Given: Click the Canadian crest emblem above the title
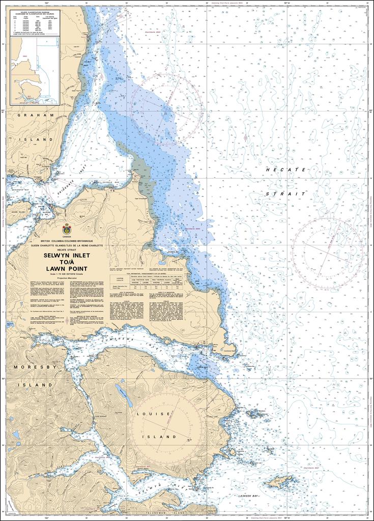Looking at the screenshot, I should (x=66, y=229).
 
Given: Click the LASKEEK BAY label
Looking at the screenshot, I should (x=248, y=495).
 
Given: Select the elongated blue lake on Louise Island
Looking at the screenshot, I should (x=124, y=392).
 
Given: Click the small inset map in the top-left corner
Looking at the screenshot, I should (x=35, y=70).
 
